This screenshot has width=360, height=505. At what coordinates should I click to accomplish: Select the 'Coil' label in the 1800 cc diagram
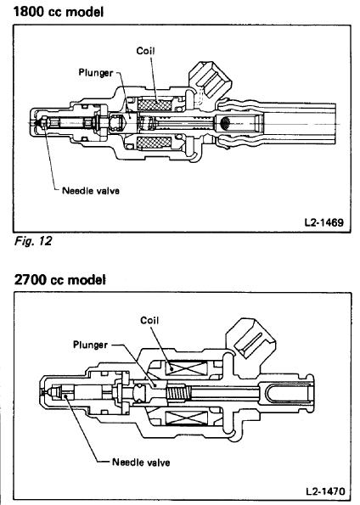pyautogui.click(x=145, y=50)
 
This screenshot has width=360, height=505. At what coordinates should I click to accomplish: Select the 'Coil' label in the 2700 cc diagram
pyautogui.click(x=149, y=319)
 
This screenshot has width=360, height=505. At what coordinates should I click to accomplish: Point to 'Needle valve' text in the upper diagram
pyautogui.click(x=90, y=191)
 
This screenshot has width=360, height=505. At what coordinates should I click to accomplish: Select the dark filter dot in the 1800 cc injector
pyautogui.click(x=226, y=125)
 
